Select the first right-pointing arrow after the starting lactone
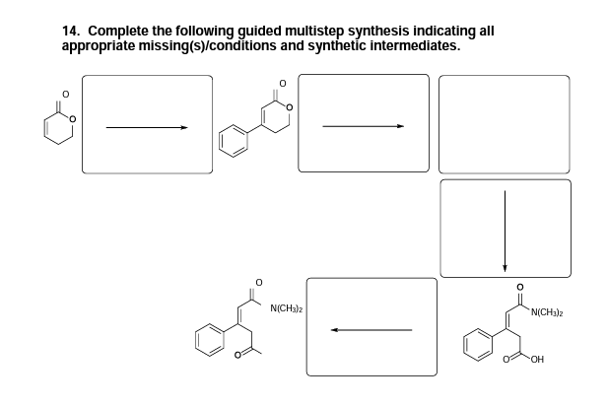coord(147,126)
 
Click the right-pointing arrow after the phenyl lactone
coord(363,126)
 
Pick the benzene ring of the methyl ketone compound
coord(212,344)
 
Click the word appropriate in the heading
coord(96,45)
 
